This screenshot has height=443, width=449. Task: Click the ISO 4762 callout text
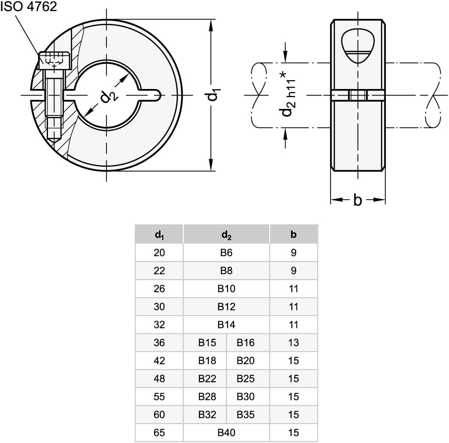(x=28, y=7)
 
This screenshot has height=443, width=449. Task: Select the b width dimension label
(x=357, y=200)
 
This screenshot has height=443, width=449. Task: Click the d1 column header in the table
(x=159, y=235)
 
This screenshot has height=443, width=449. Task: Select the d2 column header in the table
(x=226, y=235)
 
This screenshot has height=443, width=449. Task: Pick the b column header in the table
(x=293, y=235)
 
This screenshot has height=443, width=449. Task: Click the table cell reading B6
(x=226, y=253)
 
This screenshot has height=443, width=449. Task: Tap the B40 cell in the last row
(x=226, y=432)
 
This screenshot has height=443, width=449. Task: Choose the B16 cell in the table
(x=246, y=343)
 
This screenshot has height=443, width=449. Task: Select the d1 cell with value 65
(x=159, y=432)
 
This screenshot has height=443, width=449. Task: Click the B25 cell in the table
(x=246, y=378)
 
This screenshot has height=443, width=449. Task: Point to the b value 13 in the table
(x=293, y=343)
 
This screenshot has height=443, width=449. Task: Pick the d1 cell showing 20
(x=159, y=253)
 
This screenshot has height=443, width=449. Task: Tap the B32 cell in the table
(x=207, y=415)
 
